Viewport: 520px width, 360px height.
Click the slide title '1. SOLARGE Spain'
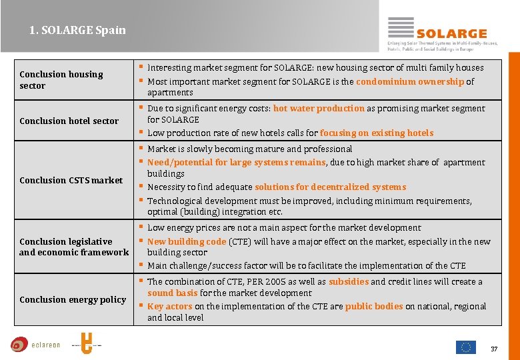click(77, 30)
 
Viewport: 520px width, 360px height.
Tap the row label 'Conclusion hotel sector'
click(69, 121)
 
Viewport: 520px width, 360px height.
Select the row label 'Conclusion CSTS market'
click(71, 180)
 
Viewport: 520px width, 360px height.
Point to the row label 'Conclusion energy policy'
click(73, 299)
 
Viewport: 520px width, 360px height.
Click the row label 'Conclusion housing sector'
click(61, 80)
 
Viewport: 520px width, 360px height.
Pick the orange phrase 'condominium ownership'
click(410, 81)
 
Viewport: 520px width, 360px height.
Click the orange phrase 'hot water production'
click(319, 108)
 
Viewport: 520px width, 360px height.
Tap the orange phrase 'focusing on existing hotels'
click(377, 133)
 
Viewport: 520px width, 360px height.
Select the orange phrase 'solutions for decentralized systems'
click(330, 187)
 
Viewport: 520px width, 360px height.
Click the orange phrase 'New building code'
click(187, 241)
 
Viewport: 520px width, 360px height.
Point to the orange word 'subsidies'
click(348, 281)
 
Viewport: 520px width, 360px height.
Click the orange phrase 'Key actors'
click(169, 306)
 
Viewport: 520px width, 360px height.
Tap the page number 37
click(494, 349)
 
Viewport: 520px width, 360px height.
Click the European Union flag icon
click(466, 347)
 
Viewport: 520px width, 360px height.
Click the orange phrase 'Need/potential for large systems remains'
click(236, 162)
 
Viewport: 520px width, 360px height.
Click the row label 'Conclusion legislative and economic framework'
click(74, 247)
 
